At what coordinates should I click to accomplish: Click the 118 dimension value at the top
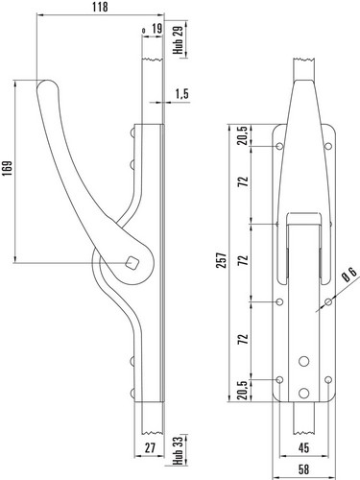[100, 7]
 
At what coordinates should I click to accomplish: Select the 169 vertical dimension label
[7, 168]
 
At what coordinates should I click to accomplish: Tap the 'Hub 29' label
[179, 39]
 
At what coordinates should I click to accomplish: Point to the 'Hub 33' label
[179, 450]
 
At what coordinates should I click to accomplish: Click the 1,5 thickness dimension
[182, 94]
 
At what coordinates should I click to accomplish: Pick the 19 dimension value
[156, 29]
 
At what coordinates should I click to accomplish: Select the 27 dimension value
[150, 447]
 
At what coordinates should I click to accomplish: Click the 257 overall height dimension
[223, 260]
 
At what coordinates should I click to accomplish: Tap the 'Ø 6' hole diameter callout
[348, 275]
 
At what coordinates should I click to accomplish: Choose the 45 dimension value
[303, 447]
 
